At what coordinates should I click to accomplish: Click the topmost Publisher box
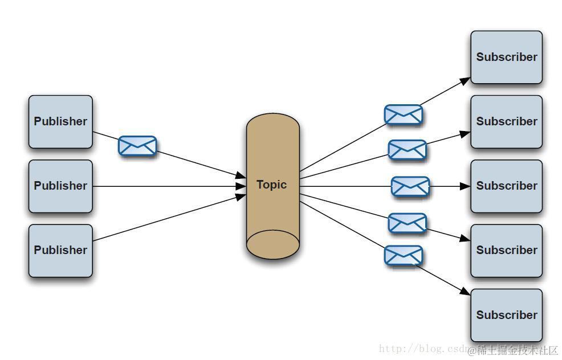click(60, 121)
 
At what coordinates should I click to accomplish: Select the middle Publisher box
click(60, 186)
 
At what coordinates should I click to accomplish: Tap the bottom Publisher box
click(60, 250)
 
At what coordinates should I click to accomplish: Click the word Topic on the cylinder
click(272, 185)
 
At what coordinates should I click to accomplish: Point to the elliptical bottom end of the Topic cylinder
click(272, 244)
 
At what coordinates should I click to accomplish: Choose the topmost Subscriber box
click(506, 57)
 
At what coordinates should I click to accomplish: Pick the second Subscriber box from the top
click(506, 121)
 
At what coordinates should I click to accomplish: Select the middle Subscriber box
click(506, 186)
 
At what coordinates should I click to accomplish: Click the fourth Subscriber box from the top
click(506, 250)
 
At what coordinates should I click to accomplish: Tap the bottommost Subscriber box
click(506, 314)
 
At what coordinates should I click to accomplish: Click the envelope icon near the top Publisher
click(137, 146)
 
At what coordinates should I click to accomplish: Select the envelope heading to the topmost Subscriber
click(403, 114)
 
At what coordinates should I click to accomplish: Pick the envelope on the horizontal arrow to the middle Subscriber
click(410, 186)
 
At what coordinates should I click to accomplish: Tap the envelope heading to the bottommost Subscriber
click(403, 255)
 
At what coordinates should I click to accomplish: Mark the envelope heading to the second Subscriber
click(407, 150)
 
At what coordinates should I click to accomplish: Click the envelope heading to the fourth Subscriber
click(407, 223)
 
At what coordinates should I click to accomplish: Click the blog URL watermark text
click(422, 349)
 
